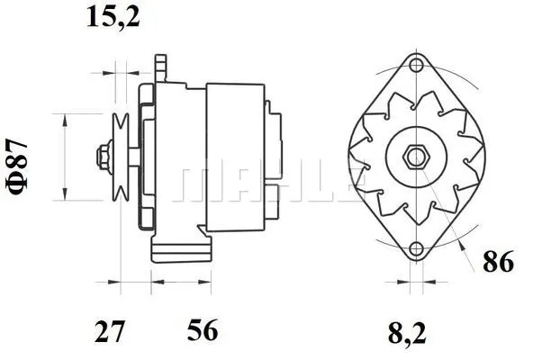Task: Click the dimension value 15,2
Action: pyautogui.click(x=113, y=17)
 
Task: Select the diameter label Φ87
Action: pyautogui.click(x=18, y=158)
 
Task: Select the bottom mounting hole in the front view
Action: pyautogui.click(x=416, y=249)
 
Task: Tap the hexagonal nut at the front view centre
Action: pyautogui.click(x=416, y=156)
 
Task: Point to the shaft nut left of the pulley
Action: pyautogui.click(x=100, y=156)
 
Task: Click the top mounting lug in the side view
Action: pyautogui.click(x=161, y=67)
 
